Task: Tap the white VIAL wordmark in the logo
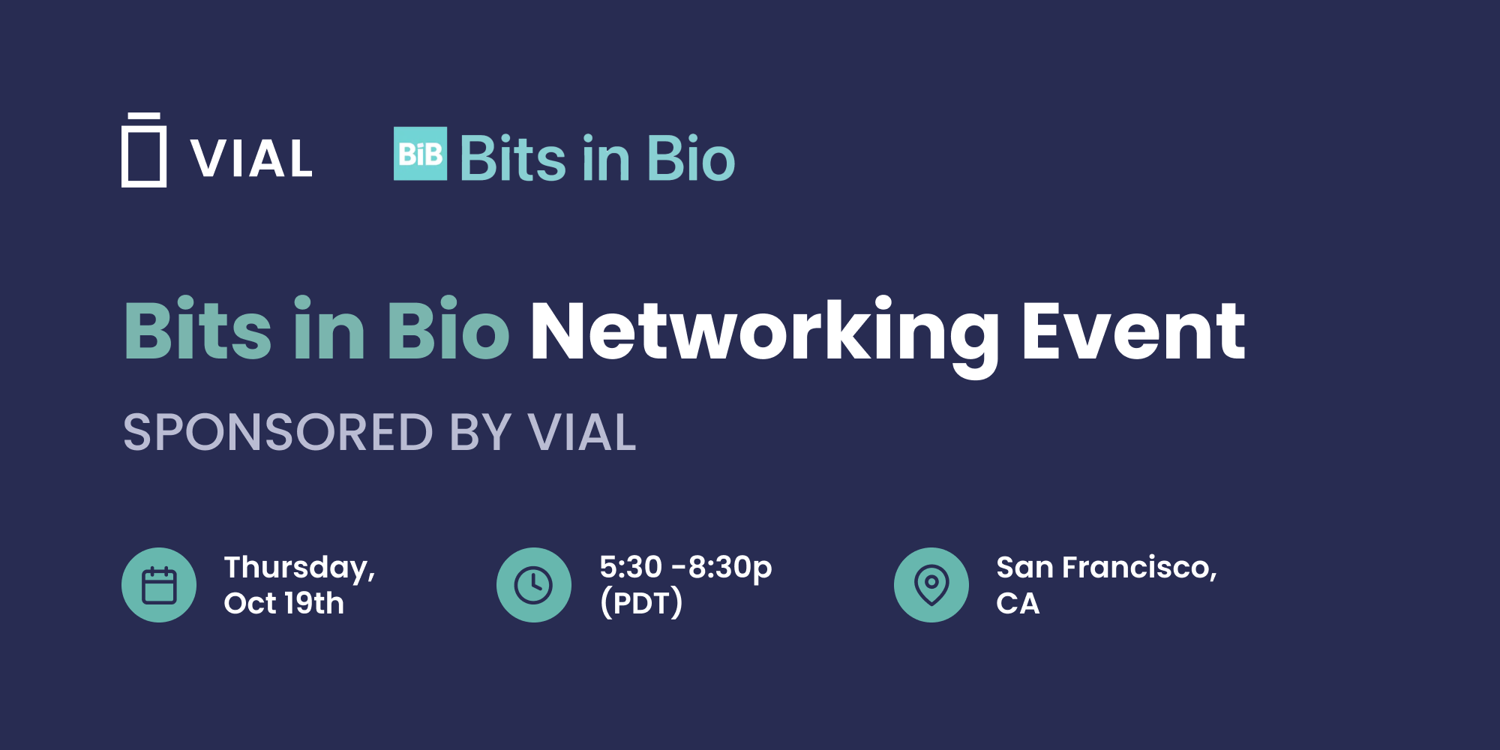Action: pos(251,159)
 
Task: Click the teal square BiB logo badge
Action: pos(420,154)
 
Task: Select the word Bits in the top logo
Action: pos(513,158)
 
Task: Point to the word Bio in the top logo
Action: pos(691,158)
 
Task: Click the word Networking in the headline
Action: pos(765,334)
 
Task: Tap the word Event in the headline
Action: pos(1133,331)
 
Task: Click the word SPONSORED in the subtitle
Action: pos(278,433)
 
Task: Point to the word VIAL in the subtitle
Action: pos(582,433)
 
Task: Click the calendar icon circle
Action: pos(159,585)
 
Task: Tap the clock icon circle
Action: pos(534,585)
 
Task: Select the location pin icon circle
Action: pos(931,585)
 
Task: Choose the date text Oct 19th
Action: pos(284,603)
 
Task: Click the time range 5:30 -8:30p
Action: pos(685,568)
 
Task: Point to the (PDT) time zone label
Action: pos(642,603)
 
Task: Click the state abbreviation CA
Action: pos(1018,603)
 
